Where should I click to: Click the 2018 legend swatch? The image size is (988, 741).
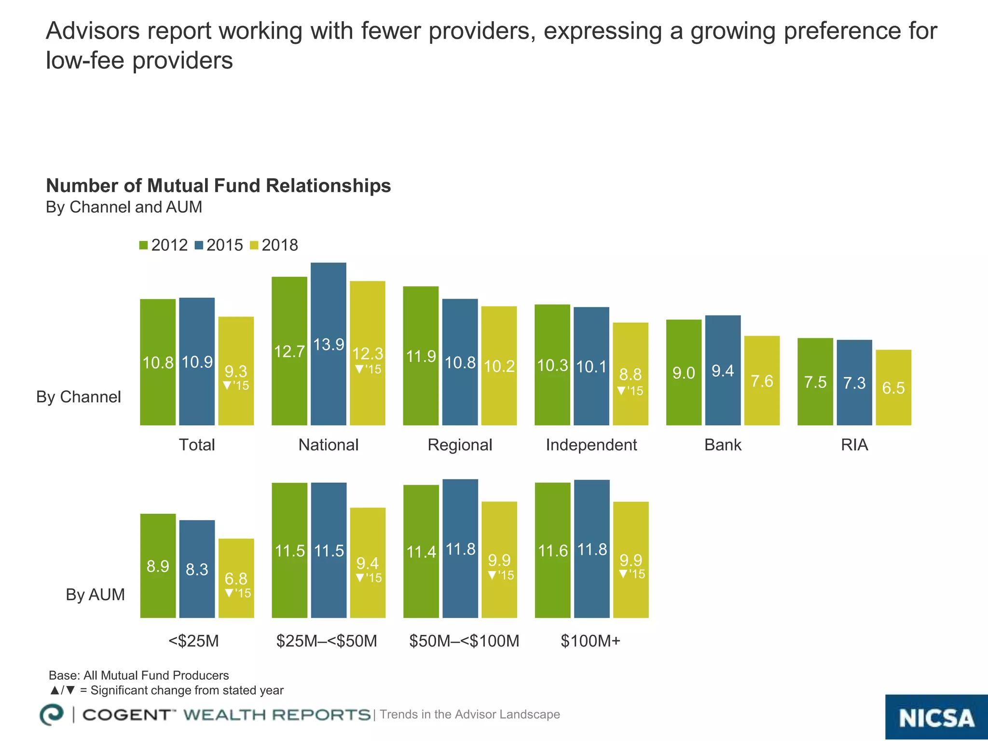(254, 246)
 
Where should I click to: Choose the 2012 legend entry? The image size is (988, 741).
(163, 245)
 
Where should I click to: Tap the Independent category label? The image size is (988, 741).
(591, 445)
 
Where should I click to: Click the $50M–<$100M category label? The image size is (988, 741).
(464, 641)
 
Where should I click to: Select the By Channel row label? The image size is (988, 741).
(79, 397)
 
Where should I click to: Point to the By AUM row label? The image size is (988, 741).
(95, 595)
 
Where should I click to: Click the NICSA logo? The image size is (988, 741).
(936, 717)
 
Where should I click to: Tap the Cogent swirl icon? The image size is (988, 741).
(52, 714)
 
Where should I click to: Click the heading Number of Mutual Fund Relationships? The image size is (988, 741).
(218, 186)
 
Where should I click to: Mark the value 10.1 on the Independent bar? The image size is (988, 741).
(591, 367)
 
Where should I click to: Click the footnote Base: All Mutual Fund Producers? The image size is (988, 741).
(139, 675)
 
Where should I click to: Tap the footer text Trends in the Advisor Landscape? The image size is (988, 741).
(469, 714)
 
